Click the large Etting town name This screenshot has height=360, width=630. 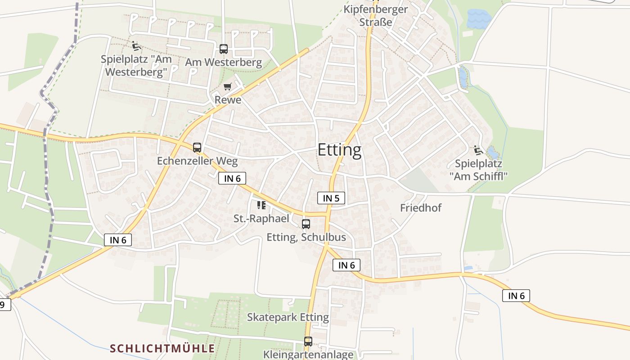click(x=339, y=150)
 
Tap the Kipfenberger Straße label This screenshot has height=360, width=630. click(x=376, y=15)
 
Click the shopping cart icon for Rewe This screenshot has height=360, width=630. click(x=228, y=86)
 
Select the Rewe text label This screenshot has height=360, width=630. click(x=228, y=99)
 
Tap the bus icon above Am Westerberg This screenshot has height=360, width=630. click(x=223, y=49)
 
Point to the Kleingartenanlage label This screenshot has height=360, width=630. click(x=308, y=354)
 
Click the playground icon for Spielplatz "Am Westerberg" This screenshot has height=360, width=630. click(x=136, y=45)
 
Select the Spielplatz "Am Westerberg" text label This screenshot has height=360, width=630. click(x=136, y=65)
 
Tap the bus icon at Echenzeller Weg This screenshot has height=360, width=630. click(x=197, y=147)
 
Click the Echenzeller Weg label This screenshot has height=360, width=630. click(x=197, y=161)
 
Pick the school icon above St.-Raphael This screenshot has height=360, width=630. click(x=261, y=206)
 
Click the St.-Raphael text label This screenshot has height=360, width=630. click(x=261, y=219)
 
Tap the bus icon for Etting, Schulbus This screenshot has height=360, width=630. click(x=306, y=224)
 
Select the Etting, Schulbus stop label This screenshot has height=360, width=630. click(x=306, y=237)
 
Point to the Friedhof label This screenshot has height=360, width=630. click(x=421, y=207)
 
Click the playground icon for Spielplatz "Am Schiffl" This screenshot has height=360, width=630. click(x=478, y=150)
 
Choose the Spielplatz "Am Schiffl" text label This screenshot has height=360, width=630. click(x=478, y=170)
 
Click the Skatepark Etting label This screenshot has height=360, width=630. click(x=288, y=317)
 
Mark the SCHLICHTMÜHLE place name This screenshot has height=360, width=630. click(x=162, y=348)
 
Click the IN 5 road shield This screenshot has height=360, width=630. click(x=331, y=198)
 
